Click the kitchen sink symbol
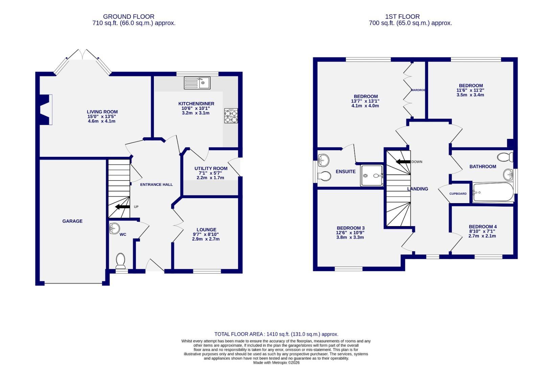(x=197, y=83)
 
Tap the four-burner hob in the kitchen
(x=231, y=116)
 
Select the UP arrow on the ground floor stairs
(x=122, y=206)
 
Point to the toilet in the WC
(x=120, y=261)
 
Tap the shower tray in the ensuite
(x=372, y=175)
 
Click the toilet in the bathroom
(x=506, y=157)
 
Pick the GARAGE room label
(x=72, y=221)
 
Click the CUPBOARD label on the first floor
(x=458, y=194)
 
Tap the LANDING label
(x=417, y=189)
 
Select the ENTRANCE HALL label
(x=156, y=185)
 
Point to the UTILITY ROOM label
(x=211, y=168)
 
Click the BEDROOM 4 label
(x=483, y=227)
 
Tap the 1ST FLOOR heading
(x=402, y=17)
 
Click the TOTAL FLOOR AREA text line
(x=276, y=334)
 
